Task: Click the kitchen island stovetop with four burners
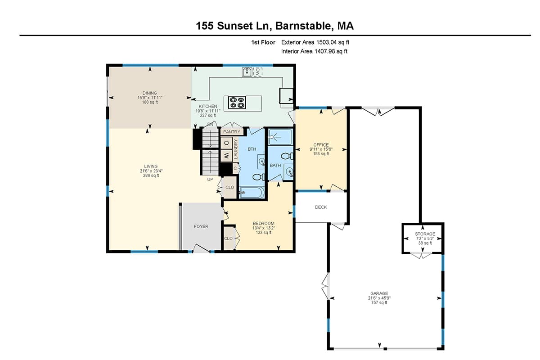[x=237, y=103]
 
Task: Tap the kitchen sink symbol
[x=247, y=72]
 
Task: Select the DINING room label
[x=150, y=93]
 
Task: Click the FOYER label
[x=201, y=226]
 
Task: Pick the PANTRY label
[x=231, y=132]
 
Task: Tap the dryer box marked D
[x=226, y=143]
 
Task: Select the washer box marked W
[x=226, y=156]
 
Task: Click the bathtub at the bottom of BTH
[x=252, y=193]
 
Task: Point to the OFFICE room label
[x=321, y=145]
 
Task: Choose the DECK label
[x=321, y=207]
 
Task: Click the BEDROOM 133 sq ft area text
[x=263, y=233]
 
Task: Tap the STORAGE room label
[x=425, y=234]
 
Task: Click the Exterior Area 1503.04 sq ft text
[x=315, y=42]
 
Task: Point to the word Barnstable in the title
[x=302, y=26]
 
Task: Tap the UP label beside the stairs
[x=210, y=179]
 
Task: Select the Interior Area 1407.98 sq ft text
[x=314, y=51]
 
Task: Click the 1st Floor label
[x=263, y=42]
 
